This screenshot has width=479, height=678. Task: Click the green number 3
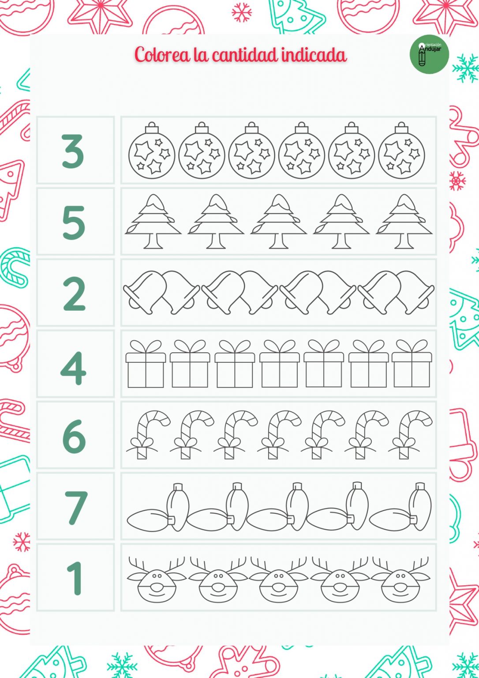click(73, 151)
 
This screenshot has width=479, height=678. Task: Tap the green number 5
click(73, 222)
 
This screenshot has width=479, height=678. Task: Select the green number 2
click(74, 294)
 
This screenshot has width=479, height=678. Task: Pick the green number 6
click(74, 436)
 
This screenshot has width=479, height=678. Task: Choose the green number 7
click(75, 508)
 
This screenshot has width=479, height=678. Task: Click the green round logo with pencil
click(429, 55)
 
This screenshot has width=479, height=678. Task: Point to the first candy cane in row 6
click(147, 434)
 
